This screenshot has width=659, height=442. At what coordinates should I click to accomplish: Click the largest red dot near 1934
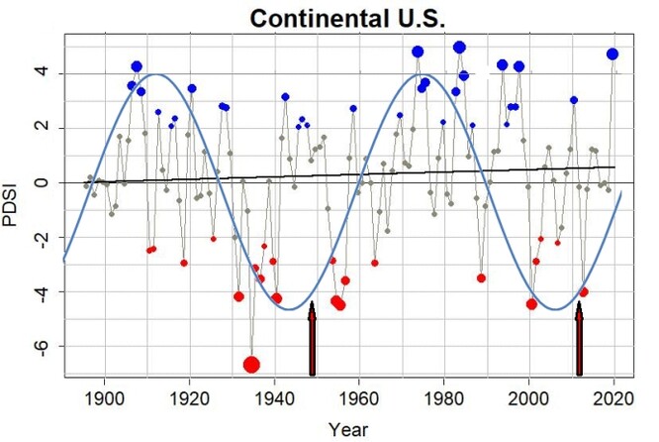pyautogui.click(x=251, y=364)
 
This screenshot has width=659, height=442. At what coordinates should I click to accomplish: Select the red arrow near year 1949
pyautogui.click(x=313, y=339)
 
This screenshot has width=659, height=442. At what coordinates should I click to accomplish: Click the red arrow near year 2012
pyautogui.click(x=580, y=339)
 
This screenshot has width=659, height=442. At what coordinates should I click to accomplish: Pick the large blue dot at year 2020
pyautogui.click(x=612, y=55)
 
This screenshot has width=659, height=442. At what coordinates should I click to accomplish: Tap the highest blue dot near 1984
pyautogui.click(x=459, y=47)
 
